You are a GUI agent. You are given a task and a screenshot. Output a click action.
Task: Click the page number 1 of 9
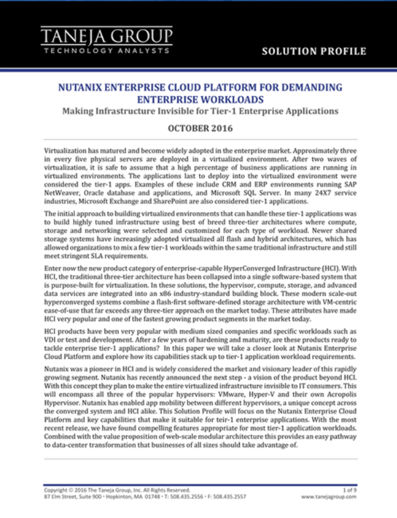pyautogui.click(x=347, y=490)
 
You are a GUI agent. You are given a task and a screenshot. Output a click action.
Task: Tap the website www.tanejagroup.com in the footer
pyautogui.click(x=329, y=496)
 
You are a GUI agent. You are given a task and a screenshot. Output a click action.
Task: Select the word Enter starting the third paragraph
pyautogui.click(x=53, y=269)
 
